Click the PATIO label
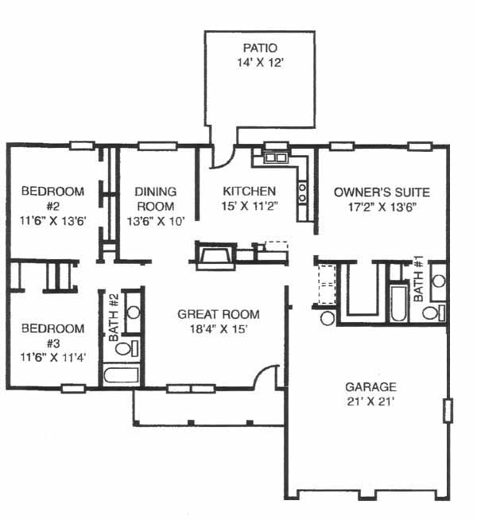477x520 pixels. [x=260, y=48]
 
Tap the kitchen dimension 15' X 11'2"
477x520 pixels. [x=249, y=206]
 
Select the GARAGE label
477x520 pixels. [x=370, y=386]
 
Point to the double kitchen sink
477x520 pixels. [x=275, y=157]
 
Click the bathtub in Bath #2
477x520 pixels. [x=121, y=375]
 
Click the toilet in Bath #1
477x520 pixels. [x=433, y=312]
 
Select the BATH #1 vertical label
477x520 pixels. [x=418, y=278]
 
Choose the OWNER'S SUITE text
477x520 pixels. [x=382, y=192]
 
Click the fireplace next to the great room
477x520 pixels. [x=216, y=255]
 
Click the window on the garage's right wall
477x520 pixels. [x=448, y=410]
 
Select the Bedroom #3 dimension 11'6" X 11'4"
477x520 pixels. [x=53, y=358]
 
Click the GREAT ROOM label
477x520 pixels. [x=219, y=314]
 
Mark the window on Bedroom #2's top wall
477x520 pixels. [x=82, y=146]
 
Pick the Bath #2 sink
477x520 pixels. [x=134, y=312]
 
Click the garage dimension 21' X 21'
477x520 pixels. [x=370, y=402]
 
